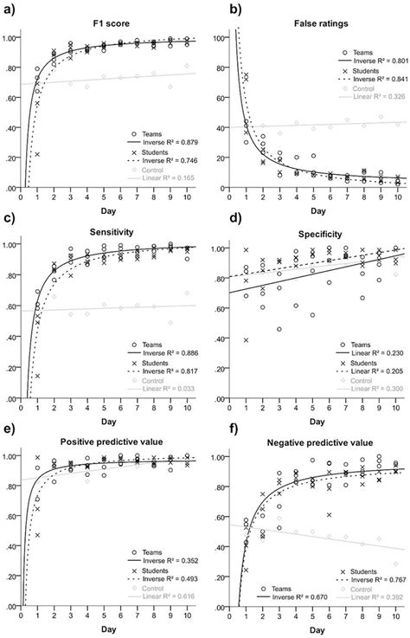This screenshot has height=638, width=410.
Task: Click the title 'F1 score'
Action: (x=112, y=17)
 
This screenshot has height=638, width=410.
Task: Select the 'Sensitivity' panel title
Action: (x=112, y=232)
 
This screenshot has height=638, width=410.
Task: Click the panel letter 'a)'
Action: (x=10, y=9)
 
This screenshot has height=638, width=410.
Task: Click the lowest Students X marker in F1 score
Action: (x=39, y=155)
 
